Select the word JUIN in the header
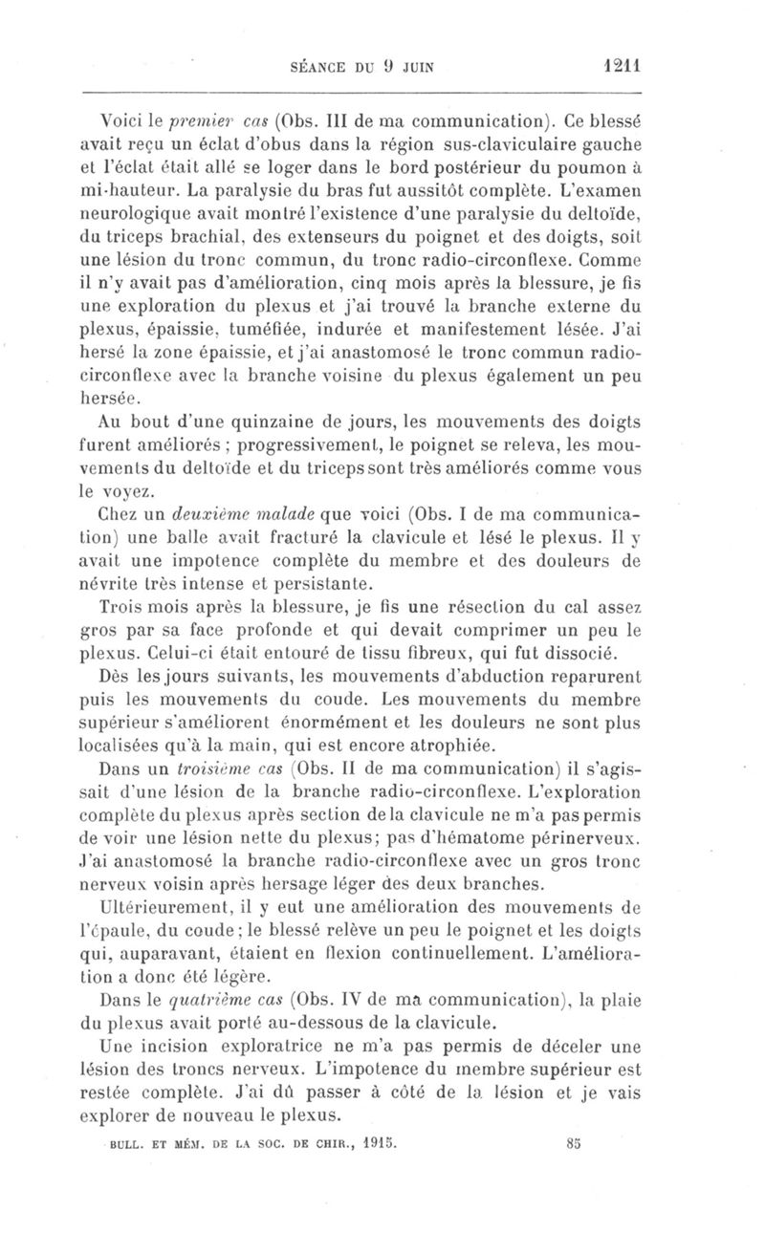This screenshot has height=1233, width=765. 414,68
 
